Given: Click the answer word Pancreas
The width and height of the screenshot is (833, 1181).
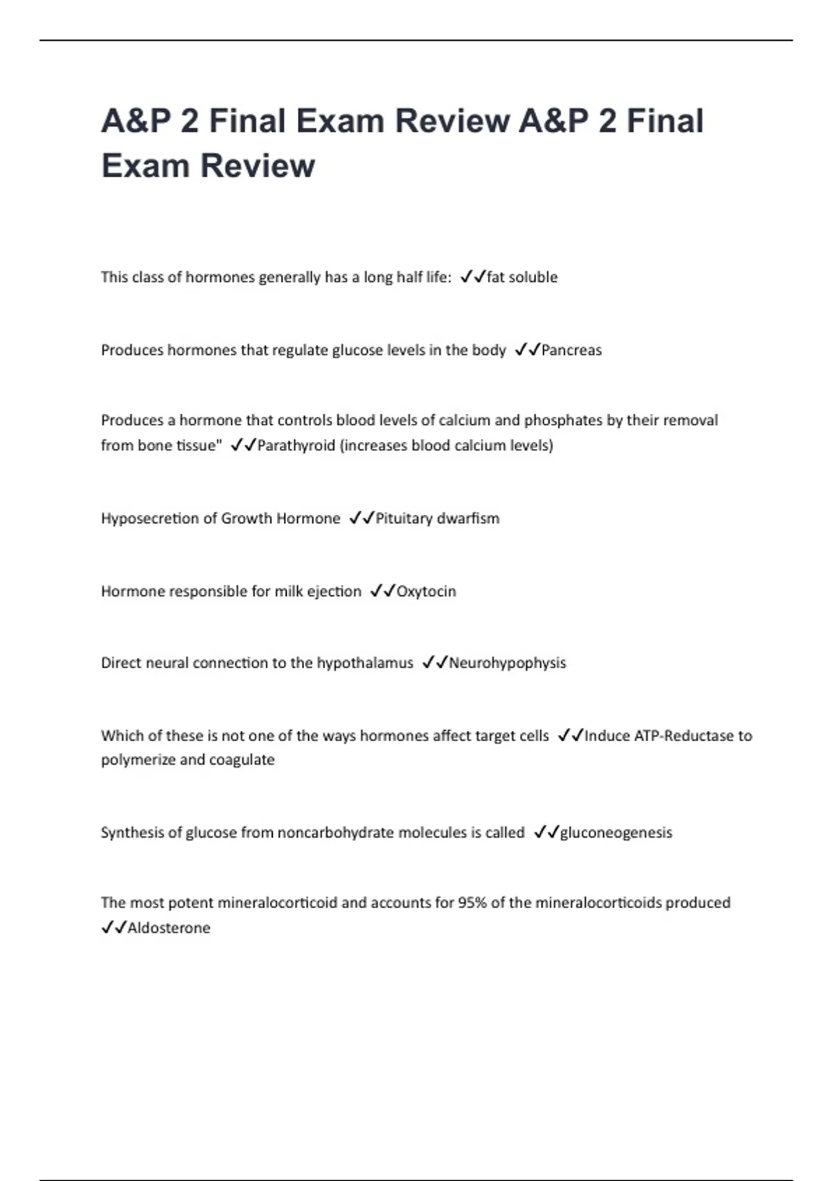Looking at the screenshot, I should click(x=571, y=350).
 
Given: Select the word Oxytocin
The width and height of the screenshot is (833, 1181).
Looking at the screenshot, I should click(x=426, y=591).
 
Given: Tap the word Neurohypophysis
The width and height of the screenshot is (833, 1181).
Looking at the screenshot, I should click(x=507, y=663).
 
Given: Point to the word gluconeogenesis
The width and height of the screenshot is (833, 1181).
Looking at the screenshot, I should click(x=616, y=832).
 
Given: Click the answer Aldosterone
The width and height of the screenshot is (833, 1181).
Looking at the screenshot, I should click(x=169, y=928).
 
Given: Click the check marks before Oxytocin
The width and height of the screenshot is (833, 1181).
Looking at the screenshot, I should click(x=382, y=591).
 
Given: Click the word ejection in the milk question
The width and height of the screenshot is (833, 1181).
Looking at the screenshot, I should click(x=334, y=591).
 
